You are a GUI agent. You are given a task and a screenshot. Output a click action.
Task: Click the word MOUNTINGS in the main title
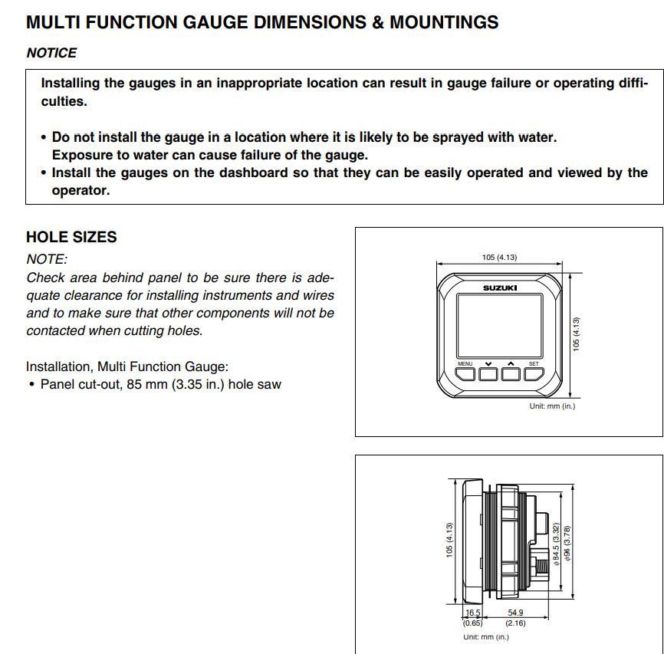444,22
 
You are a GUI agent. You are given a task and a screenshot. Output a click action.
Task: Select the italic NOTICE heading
51,53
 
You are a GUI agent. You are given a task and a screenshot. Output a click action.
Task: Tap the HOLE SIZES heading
71,237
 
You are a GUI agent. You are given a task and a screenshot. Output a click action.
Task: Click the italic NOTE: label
47,259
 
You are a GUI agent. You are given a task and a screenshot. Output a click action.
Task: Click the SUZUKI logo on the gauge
500,288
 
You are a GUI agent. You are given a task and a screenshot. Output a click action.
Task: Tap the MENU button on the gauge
465,374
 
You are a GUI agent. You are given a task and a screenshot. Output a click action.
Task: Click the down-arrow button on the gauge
488,374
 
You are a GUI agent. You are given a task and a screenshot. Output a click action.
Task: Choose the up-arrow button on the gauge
511,374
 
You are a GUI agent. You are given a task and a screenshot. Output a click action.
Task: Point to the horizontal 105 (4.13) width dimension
499,258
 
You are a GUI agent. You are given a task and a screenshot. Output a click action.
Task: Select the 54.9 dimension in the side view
515,613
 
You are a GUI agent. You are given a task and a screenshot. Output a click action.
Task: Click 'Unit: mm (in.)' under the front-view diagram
551,406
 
